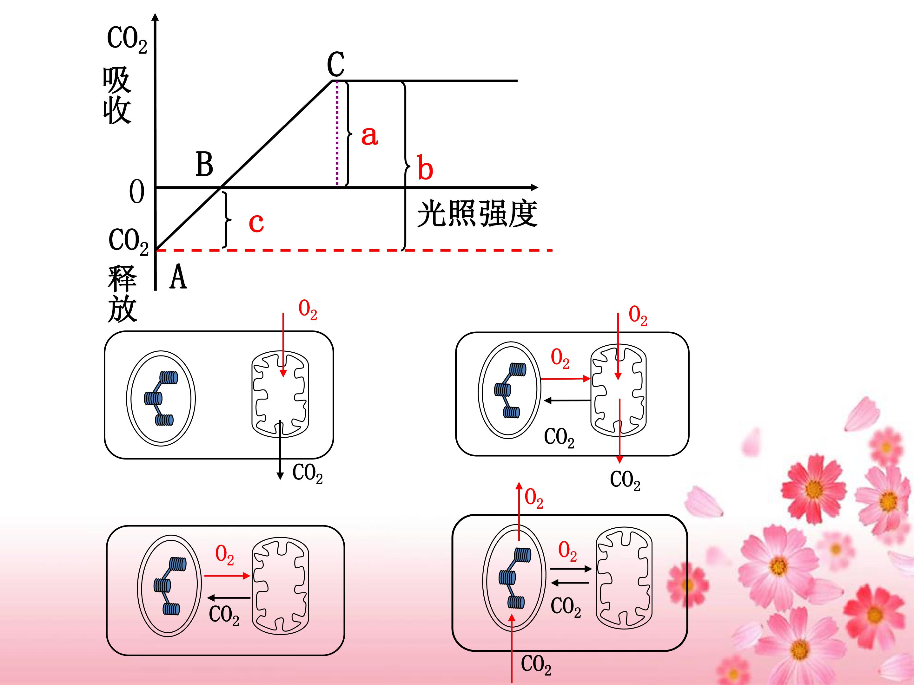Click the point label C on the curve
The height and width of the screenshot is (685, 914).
click(335, 64)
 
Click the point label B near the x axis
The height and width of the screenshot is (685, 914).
click(204, 164)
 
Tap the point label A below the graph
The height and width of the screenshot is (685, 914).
click(178, 277)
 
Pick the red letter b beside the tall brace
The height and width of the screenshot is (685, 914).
click(425, 167)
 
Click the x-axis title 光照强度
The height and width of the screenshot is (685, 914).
click(477, 214)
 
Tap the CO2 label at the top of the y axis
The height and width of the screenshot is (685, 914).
click(127, 40)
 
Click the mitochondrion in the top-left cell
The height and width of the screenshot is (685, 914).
click(280, 394)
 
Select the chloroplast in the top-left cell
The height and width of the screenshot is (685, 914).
click(161, 398)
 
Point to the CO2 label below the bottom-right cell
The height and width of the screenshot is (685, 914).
click(536, 665)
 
